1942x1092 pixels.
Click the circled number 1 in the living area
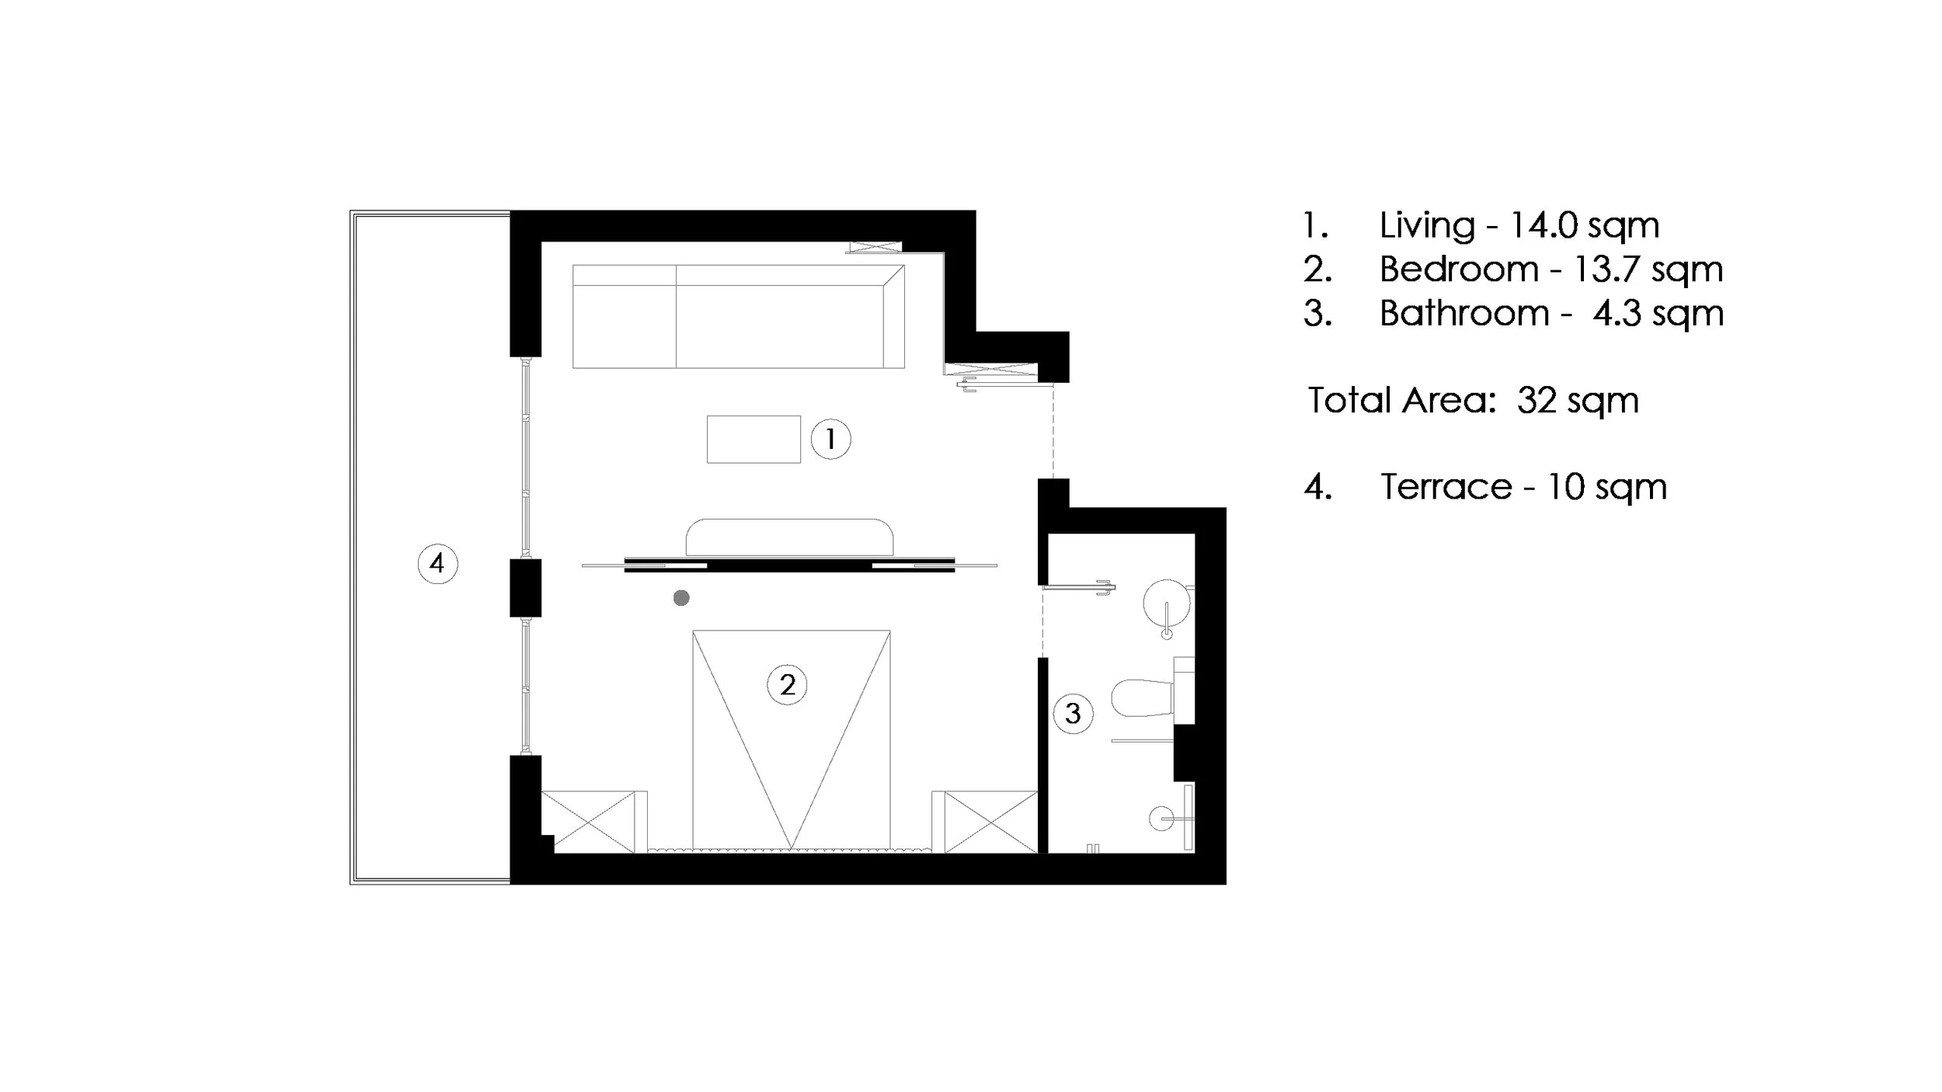click(830, 440)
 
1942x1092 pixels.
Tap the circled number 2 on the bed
click(787, 685)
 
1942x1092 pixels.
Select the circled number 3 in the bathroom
click(1073, 714)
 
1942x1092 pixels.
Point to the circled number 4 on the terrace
click(437, 563)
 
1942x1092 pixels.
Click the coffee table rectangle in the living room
click(753, 440)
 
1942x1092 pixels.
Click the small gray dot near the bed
click(681, 598)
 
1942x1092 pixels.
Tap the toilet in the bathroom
click(1142, 698)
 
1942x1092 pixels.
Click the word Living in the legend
click(1427, 226)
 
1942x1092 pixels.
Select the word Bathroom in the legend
click(1464, 314)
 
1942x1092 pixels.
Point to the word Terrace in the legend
click(1446, 488)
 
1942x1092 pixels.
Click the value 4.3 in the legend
click(1616, 314)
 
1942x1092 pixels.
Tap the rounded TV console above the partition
click(789, 537)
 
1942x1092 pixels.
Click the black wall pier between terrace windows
click(525, 588)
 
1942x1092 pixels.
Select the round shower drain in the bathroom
click(1161, 818)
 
